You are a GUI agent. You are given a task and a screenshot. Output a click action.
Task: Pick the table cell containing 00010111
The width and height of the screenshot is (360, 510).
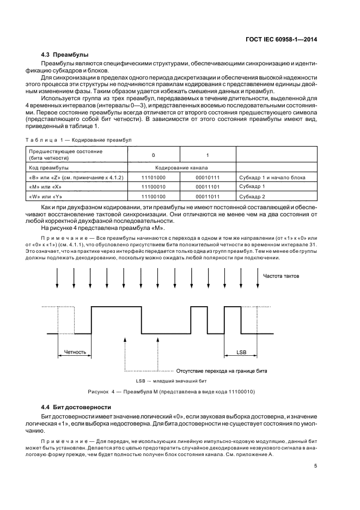point(208,178)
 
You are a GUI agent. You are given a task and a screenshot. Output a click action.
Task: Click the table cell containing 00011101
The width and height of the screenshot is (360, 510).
point(208,187)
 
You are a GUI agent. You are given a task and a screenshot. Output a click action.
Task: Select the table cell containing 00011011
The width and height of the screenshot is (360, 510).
point(208,196)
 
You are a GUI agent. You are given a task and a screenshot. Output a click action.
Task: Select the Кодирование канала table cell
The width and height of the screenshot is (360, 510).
point(181,168)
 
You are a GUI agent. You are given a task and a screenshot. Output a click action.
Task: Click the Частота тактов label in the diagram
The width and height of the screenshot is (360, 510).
point(280,276)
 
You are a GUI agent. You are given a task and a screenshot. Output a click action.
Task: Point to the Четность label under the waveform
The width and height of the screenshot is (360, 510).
point(75,353)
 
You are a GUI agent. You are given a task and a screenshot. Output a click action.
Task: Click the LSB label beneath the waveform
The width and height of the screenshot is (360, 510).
point(242,353)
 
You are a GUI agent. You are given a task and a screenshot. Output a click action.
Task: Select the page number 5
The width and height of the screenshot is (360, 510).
point(315,466)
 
